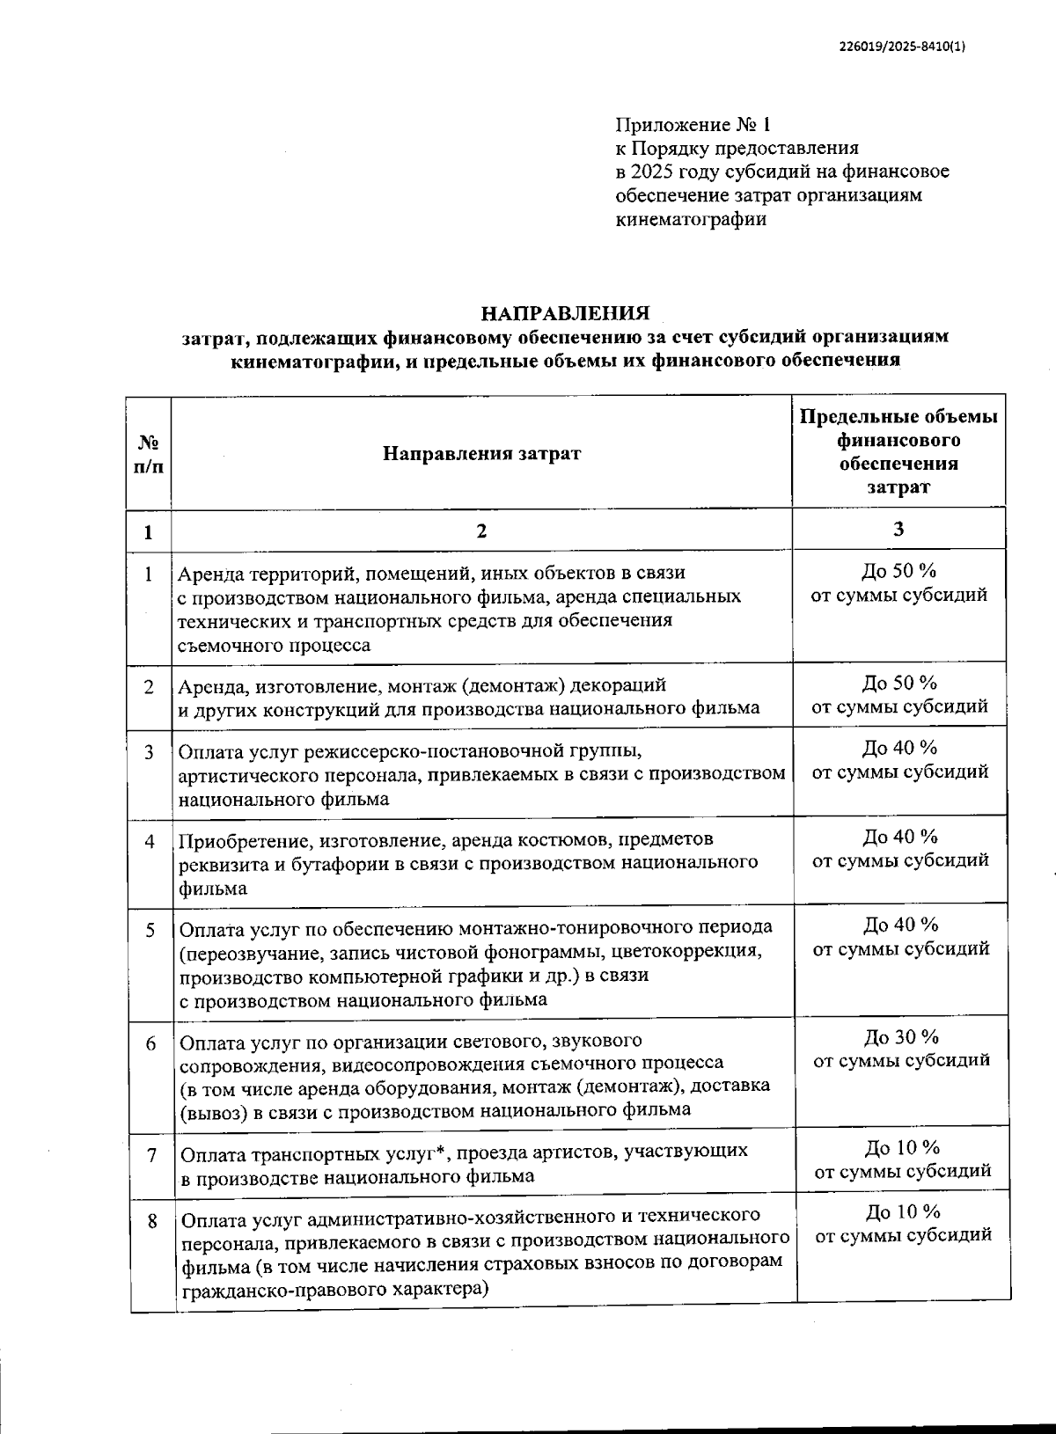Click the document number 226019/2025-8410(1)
click(901, 48)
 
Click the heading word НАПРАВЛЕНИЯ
click(564, 313)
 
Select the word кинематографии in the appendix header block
click(690, 219)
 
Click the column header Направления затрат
click(481, 454)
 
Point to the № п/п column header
click(148, 454)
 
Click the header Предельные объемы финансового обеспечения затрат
click(898, 451)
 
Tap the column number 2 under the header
click(480, 531)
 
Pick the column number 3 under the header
click(898, 529)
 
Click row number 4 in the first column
click(150, 841)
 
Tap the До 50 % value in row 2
click(899, 683)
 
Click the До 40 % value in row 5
click(900, 925)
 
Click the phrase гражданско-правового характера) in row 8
click(335, 1291)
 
